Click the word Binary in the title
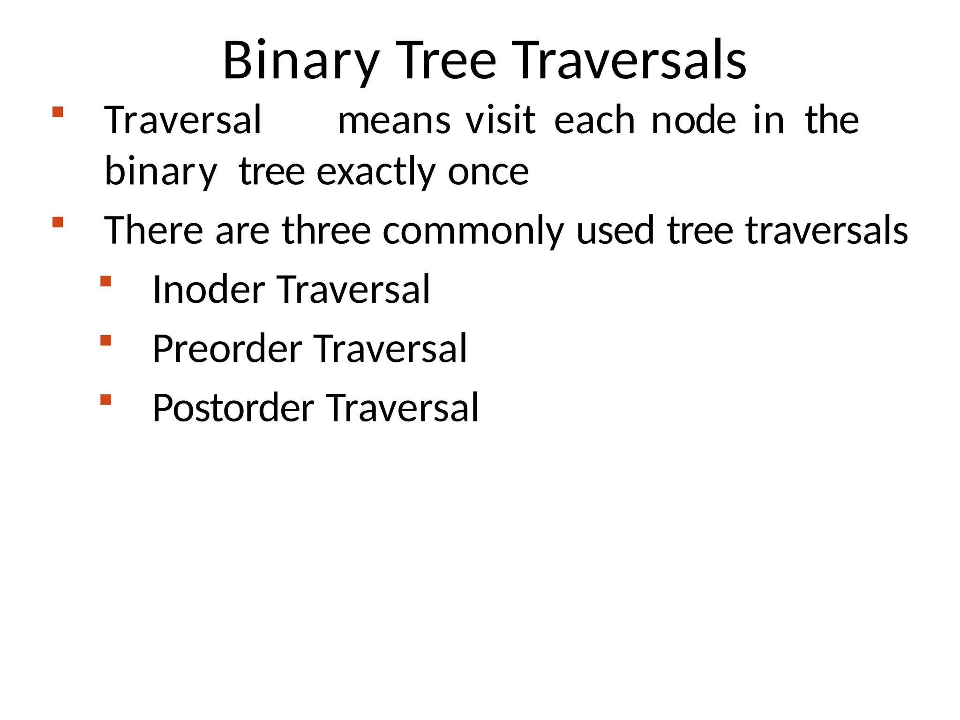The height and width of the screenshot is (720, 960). point(300,61)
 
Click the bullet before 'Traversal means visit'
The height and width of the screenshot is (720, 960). point(58,112)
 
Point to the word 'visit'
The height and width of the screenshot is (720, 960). point(500,121)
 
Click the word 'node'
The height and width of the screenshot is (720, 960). point(694,121)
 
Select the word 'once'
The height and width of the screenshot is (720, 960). point(488,172)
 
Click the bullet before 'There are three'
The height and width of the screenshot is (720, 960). point(58,222)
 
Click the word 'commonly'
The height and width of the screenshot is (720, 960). point(473,231)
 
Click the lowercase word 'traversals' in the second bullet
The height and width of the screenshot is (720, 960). point(826,231)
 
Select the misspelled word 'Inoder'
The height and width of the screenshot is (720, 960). point(209,290)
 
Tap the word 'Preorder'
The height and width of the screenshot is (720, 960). point(227,349)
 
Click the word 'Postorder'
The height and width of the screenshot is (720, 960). point(233,408)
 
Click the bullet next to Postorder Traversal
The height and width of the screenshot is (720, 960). point(106,399)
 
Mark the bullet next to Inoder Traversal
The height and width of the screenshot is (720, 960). point(106,281)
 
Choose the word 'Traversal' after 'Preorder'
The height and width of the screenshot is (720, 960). point(390,349)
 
